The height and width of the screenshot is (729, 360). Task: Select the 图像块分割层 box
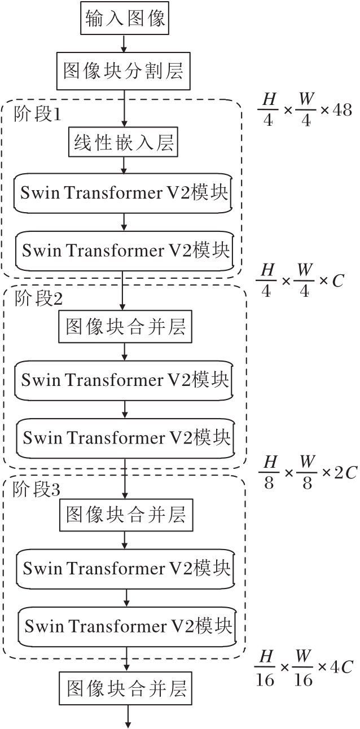tap(124, 72)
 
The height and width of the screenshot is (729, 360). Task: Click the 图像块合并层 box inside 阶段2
tap(125, 327)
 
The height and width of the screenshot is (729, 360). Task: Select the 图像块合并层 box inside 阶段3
tap(126, 515)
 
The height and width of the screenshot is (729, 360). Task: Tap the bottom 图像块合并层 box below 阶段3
tap(126, 688)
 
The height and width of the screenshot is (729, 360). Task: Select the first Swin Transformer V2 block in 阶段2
tap(125, 380)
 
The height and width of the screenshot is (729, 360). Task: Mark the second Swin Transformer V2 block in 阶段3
tap(128, 626)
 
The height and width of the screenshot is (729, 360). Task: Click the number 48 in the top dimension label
tap(342, 110)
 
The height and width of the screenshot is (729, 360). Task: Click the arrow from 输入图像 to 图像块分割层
tap(124, 43)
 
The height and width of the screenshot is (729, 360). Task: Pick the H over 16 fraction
tap(265, 667)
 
